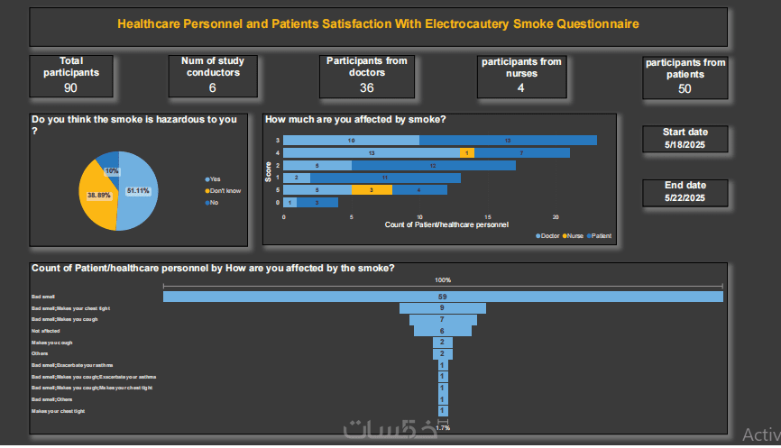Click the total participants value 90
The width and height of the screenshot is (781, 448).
(70, 87)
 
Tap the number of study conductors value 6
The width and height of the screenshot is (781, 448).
(212, 87)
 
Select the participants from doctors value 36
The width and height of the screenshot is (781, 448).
(366, 87)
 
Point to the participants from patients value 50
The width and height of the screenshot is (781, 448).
(685, 88)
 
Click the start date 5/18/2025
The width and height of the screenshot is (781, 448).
(685, 145)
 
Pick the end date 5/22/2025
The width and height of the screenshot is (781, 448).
(685, 197)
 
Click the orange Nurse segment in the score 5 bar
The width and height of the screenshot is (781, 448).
(365, 190)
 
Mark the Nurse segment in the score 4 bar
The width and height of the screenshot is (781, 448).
(466, 152)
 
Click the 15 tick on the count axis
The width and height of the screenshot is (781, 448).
(488, 217)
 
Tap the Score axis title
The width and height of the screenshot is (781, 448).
(268, 171)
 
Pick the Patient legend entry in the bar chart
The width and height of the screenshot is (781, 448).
(600, 235)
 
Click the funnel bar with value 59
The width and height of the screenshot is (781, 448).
(443, 297)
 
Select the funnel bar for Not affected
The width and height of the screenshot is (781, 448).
(443, 331)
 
